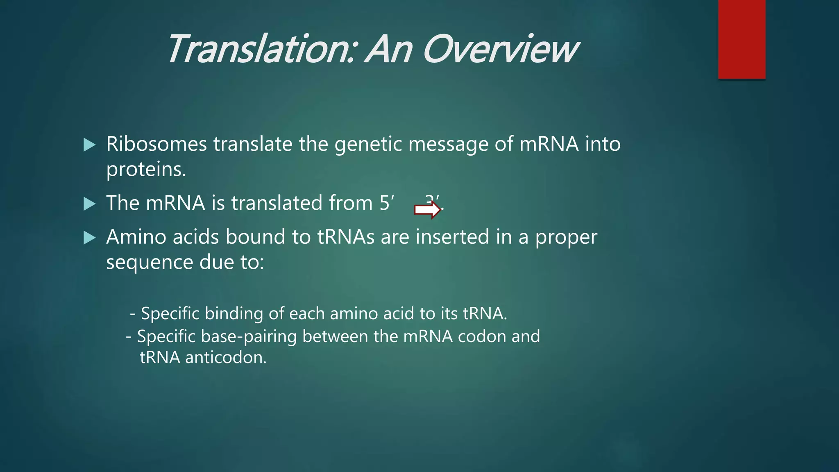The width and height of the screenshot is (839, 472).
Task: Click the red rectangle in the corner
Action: pos(741,39)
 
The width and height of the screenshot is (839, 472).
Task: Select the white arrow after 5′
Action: pos(427,210)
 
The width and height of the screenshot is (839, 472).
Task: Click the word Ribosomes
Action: pos(156,144)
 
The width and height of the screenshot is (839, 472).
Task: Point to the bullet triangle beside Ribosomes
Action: pos(89,145)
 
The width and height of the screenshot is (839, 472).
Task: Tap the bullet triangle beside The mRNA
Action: pos(89,204)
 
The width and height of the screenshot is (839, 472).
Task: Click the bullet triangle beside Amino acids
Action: pos(89,238)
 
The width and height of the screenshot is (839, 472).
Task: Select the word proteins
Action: pos(146,170)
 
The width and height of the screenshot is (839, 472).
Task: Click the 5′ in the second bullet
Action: pos(386,203)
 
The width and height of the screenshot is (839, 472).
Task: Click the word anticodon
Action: pos(226,358)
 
